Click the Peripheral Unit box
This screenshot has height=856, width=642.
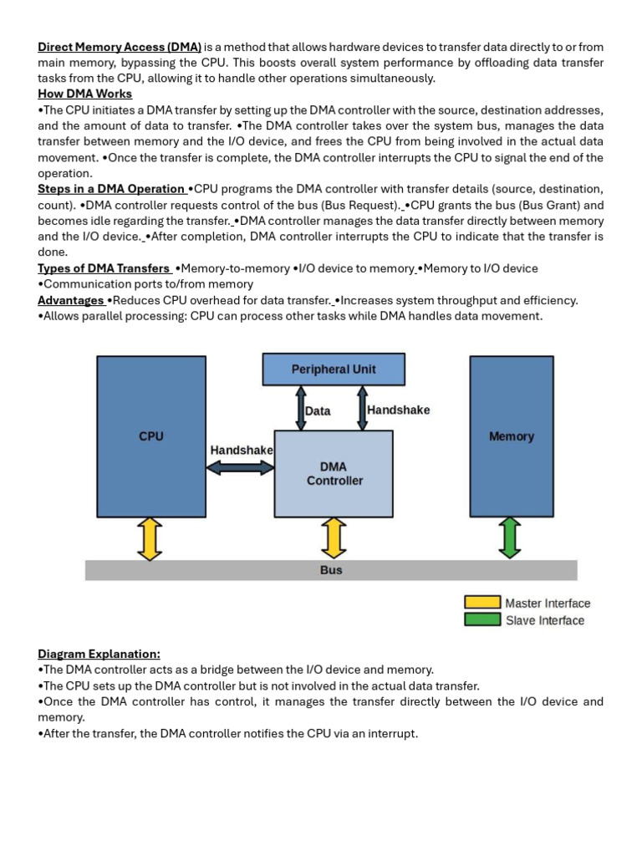(334, 369)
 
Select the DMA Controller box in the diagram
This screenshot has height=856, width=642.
(334, 473)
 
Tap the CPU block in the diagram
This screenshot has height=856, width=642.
(151, 436)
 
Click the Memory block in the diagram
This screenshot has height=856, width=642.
(511, 436)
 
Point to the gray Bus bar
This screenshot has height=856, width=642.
(331, 570)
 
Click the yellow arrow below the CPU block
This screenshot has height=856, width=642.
(150, 538)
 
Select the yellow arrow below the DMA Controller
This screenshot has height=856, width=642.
(334, 538)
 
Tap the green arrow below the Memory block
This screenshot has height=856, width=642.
(511, 538)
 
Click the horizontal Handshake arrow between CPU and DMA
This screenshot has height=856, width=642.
(241, 468)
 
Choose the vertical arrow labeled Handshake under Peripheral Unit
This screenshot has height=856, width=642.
(362, 408)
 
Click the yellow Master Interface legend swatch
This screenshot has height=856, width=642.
(483, 603)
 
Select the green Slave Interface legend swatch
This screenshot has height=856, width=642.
(483, 620)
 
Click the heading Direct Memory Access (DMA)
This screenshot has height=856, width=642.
(120, 47)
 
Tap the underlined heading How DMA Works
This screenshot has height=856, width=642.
(84, 94)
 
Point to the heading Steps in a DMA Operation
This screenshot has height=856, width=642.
(111, 189)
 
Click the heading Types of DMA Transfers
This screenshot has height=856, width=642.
(104, 268)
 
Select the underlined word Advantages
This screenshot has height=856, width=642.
(70, 300)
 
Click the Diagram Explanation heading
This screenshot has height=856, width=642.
(99, 654)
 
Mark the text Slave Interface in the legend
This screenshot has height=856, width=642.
(545, 620)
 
